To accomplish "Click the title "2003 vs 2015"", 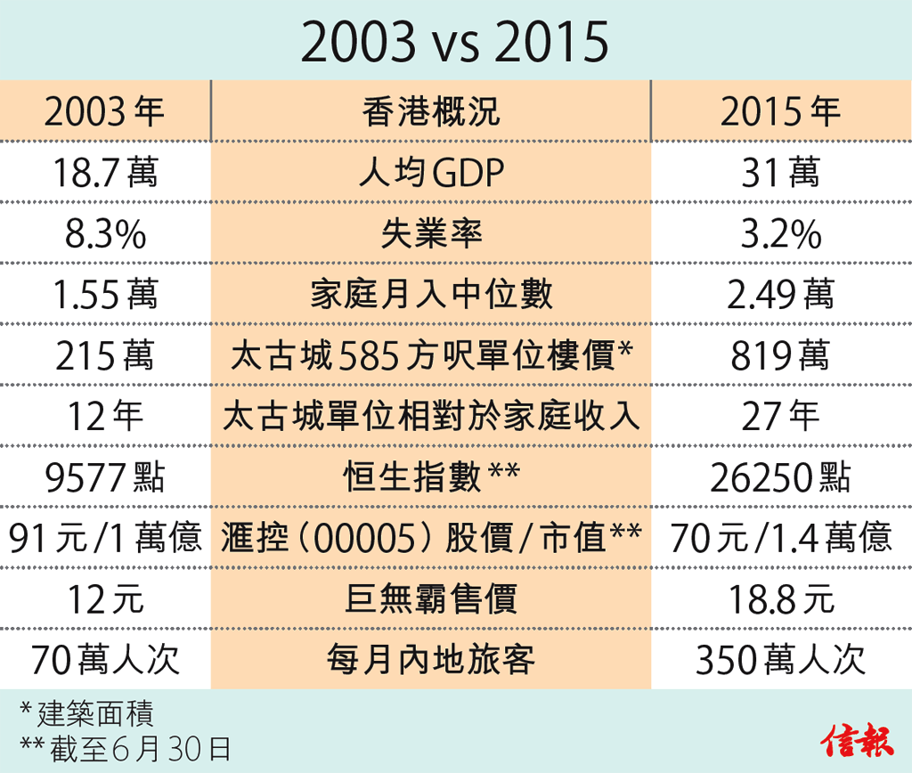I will coord(455,42).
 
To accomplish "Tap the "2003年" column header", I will coord(104,111).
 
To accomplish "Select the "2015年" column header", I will coord(780,111).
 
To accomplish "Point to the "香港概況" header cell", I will coord(431,111).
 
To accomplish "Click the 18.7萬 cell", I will coord(104,172).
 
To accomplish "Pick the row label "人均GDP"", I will coord(431,173).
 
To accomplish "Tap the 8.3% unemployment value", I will coord(104,233).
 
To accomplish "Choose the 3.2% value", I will coord(780,233).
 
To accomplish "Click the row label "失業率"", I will coord(431,233).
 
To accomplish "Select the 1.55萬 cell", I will coord(104,294).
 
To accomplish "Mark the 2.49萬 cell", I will coord(780,294).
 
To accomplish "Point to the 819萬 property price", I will coord(780,355).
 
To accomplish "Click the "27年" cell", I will coord(780,416).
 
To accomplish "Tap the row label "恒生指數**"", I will coord(431,477).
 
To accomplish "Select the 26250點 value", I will coord(780,477).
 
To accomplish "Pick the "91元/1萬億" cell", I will coord(104,538).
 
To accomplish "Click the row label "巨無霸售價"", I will coord(431,598).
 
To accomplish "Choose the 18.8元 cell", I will coord(780,598).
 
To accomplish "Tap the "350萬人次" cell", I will coord(780,660).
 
